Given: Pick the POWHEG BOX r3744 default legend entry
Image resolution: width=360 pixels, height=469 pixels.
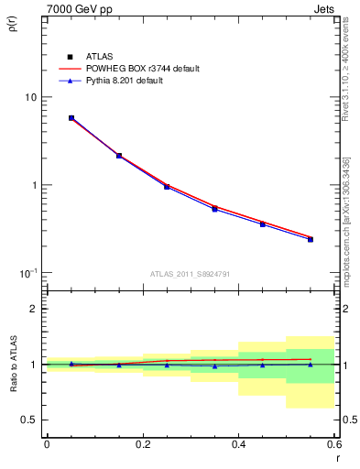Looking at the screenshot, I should point(143,69).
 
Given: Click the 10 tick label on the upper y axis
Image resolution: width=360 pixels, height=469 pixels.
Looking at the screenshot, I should point(30,97).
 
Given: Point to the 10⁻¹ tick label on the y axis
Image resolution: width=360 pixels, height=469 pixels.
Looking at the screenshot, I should point(27,273).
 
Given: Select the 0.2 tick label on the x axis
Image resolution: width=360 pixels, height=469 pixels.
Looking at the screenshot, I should point(142,444).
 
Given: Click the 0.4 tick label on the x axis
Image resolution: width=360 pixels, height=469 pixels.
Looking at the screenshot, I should point(238,444).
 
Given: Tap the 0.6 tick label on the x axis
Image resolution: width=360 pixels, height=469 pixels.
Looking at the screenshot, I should point(333,444).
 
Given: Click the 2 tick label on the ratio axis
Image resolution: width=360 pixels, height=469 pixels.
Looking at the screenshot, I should point(34,309).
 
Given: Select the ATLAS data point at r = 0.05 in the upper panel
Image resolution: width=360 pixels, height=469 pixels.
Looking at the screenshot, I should point(71,118).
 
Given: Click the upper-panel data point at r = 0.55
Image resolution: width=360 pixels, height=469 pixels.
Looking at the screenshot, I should point(311,239).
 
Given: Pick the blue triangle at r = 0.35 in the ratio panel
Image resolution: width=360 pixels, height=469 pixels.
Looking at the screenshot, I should point(214,365).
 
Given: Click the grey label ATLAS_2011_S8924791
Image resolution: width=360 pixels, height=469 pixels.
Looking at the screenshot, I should point(191,273).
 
